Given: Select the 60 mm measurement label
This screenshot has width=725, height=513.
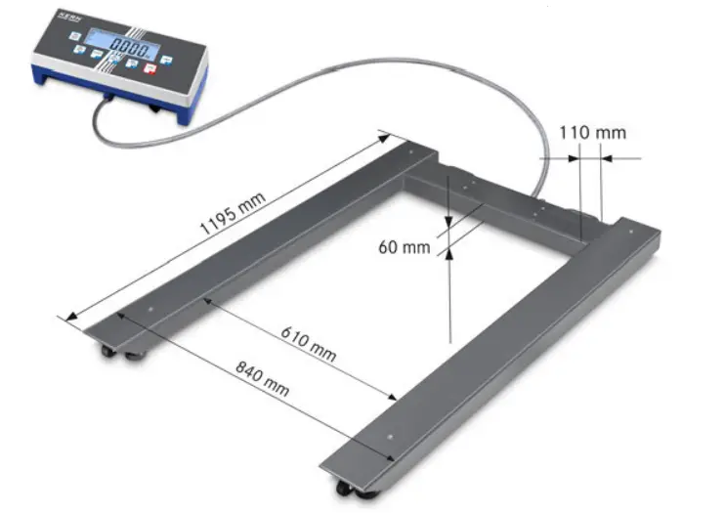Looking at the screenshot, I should (x=404, y=246).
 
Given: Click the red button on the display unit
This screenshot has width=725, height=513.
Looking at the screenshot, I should (x=150, y=67).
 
